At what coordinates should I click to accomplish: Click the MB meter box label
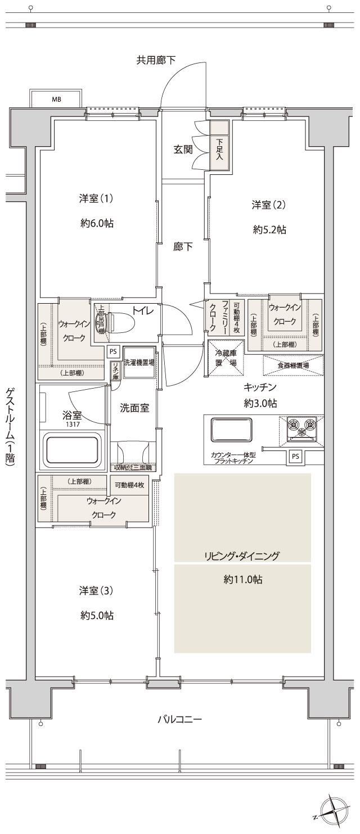pos(56,100)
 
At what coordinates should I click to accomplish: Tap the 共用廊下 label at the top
pos(156,60)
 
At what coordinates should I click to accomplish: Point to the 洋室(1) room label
pos(97,199)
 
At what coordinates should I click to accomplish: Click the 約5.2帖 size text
pos(269,229)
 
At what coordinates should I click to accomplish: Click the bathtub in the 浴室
pos(73,449)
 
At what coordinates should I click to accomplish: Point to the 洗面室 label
pos(134,408)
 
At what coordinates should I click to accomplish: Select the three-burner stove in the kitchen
pos(301,427)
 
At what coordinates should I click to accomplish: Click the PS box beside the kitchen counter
pos(295,457)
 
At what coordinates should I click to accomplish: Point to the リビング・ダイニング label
pos(242,556)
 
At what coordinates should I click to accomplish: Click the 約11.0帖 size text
pos(242,580)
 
